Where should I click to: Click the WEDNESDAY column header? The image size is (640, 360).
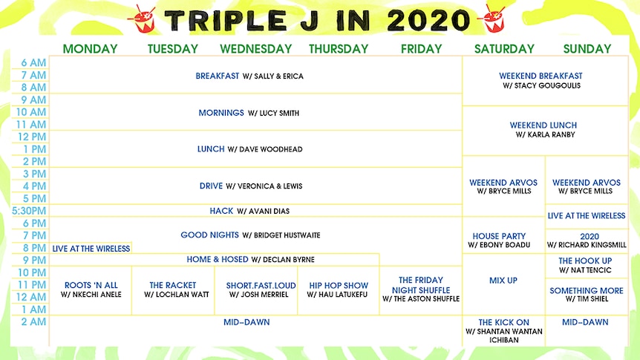pyautogui.click(x=256, y=49)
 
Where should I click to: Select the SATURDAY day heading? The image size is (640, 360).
pyautogui.click(x=504, y=49)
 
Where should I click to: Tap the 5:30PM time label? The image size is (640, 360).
pyautogui.click(x=29, y=211)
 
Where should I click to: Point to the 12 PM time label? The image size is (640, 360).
pyautogui.click(x=32, y=137)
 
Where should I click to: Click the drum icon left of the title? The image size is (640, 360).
pyautogui.click(x=142, y=19)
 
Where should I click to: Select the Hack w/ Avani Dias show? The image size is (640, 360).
pyautogui.click(x=249, y=211)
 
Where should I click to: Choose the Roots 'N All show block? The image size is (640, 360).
pyautogui.click(x=91, y=289)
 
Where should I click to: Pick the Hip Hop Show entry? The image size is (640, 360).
pyautogui.click(x=338, y=289)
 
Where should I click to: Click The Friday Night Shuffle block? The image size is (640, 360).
pyautogui.click(x=421, y=289)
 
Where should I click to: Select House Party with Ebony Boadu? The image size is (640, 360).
pyautogui.click(x=499, y=240)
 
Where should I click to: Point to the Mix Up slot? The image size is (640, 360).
pyautogui.click(x=503, y=281)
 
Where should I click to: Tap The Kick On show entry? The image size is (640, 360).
pyautogui.click(x=503, y=331)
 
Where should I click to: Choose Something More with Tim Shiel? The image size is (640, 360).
pyautogui.click(x=587, y=294)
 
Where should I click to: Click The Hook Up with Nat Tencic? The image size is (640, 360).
pyautogui.click(x=585, y=265)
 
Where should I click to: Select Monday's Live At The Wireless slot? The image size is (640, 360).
pyautogui.click(x=91, y=248)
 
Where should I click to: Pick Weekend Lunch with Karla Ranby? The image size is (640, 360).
pyautogui.click(x=543, y=129)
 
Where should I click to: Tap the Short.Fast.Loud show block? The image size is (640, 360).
pyautogui.click(x=261, y=289)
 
